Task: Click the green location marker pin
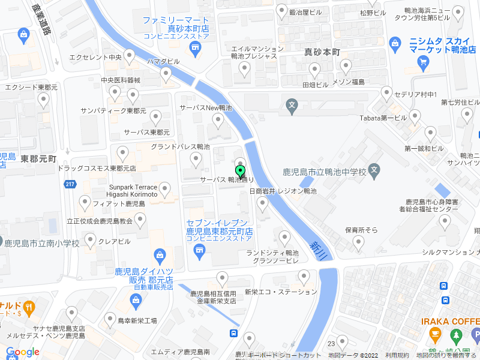coord(241,172)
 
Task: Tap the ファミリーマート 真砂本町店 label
coord(175,24)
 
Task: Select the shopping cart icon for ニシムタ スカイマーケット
coord(423,61)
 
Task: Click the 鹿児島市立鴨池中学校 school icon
coord(374,170)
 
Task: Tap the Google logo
coord(23,352)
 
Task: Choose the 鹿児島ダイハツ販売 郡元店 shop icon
coord(160,255)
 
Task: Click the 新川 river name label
coord(316,250)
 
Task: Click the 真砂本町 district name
coord(322,52)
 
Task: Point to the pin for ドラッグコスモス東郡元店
coord(122,154)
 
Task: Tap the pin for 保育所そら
coord(358,242)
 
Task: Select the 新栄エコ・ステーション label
coord(280,292)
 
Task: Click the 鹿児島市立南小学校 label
coord(42,244)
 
